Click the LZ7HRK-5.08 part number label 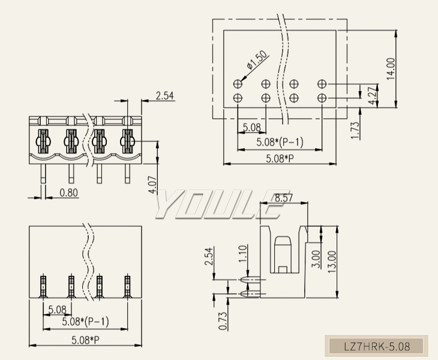click(x=377, y=346)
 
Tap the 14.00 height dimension click(x=391, y=69)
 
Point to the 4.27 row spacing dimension click(x=373, y=96)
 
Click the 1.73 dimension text click(x=355, y=131)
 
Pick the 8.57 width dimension click(x=283, y=197)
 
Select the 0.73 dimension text click(x=223, y=321)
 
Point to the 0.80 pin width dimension click(x=69, y=193)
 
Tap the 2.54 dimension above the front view click(x=164, y=95)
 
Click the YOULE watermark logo click(x=219, y=205)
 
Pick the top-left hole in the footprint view click(x=238, y=83)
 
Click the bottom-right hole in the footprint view click(x=322, y=97)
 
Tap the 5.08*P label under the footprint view click(x=280, y=158)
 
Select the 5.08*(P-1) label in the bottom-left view click(x=86, y=322)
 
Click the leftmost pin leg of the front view click(x=43, y=174)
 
